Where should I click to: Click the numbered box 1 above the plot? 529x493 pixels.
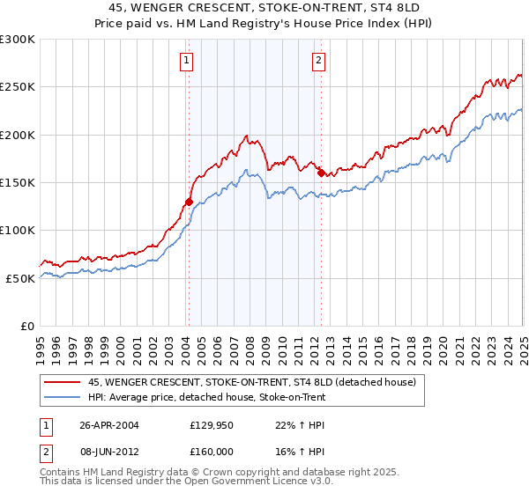(188, 61)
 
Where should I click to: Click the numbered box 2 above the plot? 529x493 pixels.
(317, 61)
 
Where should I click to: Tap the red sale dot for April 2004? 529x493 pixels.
(189, 202)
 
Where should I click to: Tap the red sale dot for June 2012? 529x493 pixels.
(321, 173)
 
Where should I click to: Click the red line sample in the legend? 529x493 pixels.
(62, 382)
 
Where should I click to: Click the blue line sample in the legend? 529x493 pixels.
(62, 398)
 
